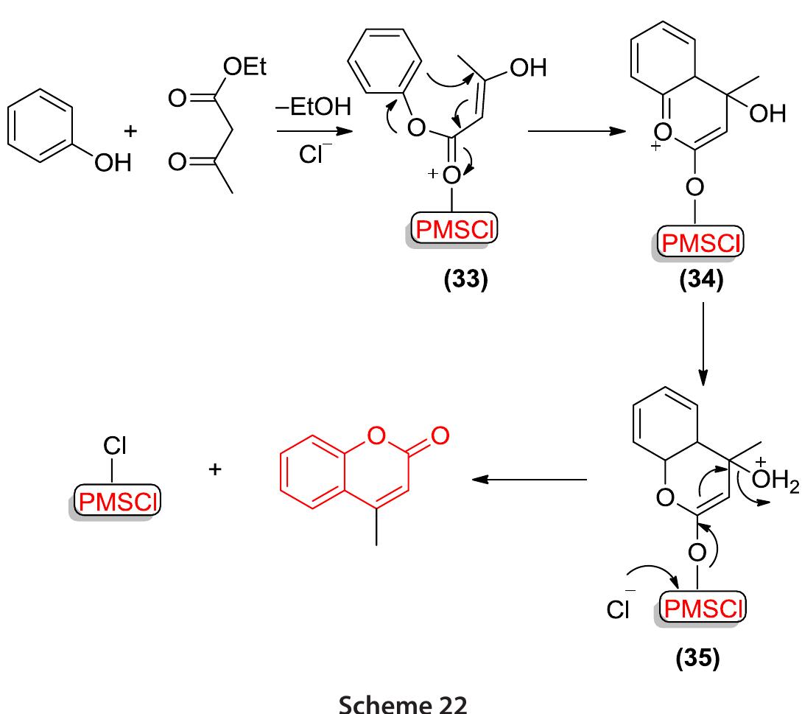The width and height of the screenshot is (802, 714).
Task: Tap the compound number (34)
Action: (703, 282)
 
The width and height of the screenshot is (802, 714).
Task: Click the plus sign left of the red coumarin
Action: (215, 468)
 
